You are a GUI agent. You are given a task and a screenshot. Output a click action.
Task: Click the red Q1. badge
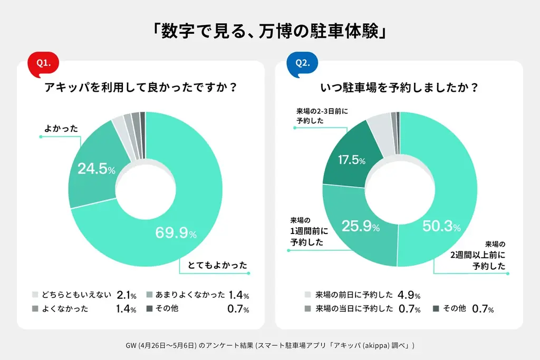43,63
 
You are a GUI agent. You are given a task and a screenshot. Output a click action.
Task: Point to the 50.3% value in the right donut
441,227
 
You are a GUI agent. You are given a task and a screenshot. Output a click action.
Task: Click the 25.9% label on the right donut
361,227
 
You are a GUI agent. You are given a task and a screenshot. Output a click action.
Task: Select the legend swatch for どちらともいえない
35,295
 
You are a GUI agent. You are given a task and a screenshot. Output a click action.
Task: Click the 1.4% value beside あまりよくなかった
239,295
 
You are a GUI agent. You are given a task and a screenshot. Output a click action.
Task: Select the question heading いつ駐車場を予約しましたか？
399,88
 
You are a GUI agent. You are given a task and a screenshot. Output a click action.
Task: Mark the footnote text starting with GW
269,345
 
